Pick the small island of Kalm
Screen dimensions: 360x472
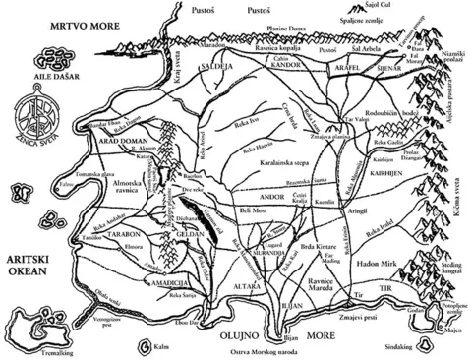[156, 345]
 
